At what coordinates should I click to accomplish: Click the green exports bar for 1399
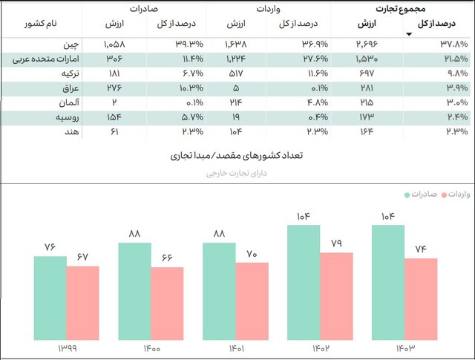point(50,298)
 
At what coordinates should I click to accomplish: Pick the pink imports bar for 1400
point(167,304)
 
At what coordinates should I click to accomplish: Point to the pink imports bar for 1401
point(252,302)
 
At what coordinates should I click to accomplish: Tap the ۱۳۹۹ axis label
point(66,349)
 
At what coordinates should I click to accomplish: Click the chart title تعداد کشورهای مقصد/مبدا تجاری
point(237,157)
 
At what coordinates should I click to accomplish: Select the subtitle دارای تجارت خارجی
point(237,173)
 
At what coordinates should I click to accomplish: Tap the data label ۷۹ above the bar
point(336,242)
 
